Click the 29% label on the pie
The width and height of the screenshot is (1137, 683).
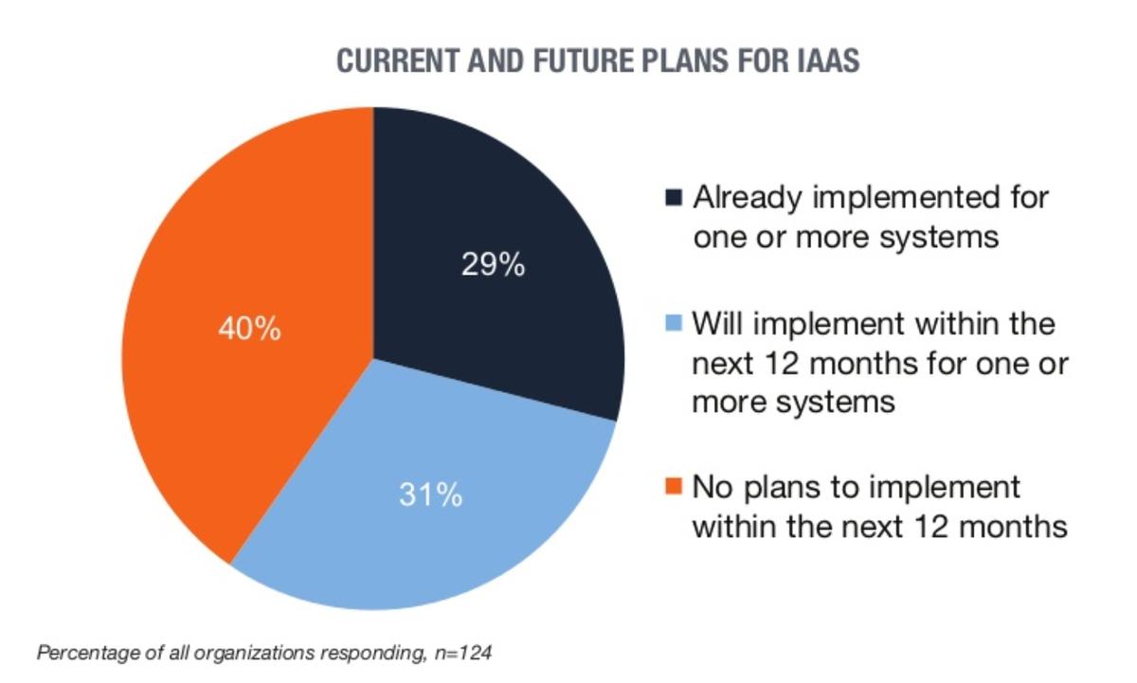[x=493, y=264]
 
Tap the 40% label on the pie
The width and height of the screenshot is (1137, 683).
[x=249, y=329]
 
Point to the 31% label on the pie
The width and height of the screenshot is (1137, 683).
[x=430, y=494]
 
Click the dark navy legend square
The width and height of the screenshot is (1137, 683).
[x=674, y=197]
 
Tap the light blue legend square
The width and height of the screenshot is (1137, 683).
[x=674, y=323]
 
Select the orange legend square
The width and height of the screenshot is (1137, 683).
[x=674, y=485]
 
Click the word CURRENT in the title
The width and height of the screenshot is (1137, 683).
[x=399, y=61]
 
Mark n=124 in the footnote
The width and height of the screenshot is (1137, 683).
[x=463, y=652]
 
